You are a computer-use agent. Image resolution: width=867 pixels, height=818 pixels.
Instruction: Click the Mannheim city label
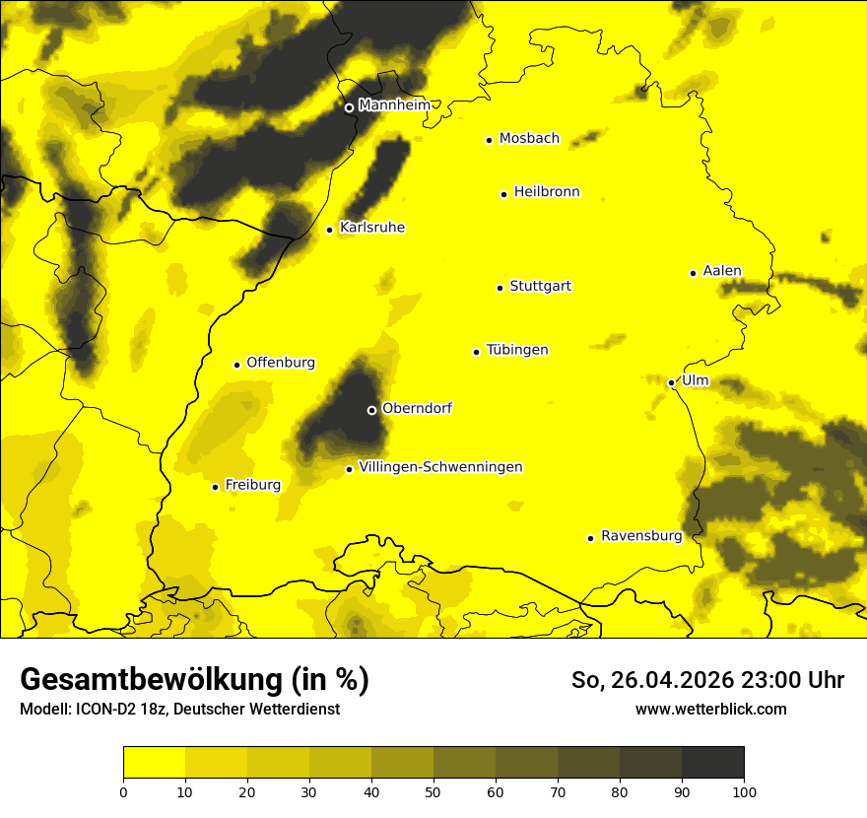click(x=395, y=105)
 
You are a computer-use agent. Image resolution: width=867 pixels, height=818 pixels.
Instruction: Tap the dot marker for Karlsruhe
click(x=330, y=230)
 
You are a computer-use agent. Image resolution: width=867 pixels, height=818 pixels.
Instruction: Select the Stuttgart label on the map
click(x=540, y=287)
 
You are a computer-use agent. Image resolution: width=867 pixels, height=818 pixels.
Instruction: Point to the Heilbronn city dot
click(x=503, y=194)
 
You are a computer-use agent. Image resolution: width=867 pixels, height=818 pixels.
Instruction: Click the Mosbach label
click(x=529, y=139)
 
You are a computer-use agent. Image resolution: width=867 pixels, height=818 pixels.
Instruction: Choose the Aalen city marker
click(x=693, y=273)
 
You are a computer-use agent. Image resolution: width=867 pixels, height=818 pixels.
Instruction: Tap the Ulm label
click(x=695, y=381)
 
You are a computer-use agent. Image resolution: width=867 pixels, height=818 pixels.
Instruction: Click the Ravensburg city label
click(x=641, y=536)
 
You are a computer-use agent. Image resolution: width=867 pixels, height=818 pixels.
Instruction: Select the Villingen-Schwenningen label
click(x=440, y=467)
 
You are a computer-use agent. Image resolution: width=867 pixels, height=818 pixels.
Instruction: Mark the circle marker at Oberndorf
click(x=371, y=410)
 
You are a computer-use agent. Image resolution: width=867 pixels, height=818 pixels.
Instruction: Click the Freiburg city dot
click(x=215, y=487)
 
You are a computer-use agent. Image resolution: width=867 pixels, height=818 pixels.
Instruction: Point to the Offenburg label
click(x=281, y=363)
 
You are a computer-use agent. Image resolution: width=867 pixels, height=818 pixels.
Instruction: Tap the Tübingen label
click(x=517, y=350)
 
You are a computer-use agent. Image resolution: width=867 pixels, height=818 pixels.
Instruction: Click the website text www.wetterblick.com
click(x=711, y=709)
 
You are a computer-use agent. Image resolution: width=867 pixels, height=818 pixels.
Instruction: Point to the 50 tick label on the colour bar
click(x=433, y=791)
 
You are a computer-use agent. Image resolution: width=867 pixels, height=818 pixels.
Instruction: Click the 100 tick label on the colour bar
click(x=743, y=791)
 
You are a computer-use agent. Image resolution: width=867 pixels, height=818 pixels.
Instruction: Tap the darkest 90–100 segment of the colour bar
click(x=712, y=763)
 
